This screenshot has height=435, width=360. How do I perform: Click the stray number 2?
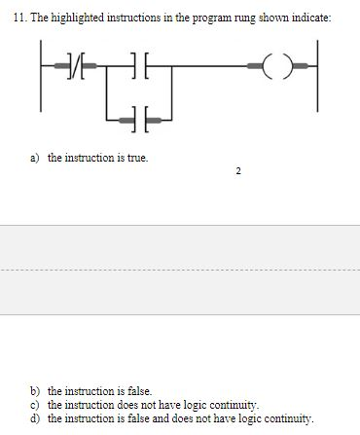[238, 174]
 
